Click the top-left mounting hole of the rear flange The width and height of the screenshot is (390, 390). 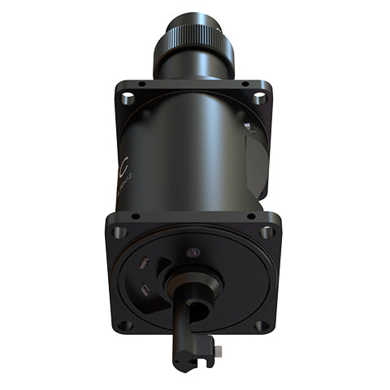tap(128, 98)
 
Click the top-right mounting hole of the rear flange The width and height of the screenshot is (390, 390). tap(259, 98)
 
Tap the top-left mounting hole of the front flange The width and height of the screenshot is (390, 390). tap(119, 232)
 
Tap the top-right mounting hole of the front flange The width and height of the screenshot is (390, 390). tap(266, 232)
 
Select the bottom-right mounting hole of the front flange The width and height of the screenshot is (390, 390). tap(262, 325)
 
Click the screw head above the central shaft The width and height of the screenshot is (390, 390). tap(192, 253)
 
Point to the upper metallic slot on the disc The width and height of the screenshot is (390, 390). tap(144, 263)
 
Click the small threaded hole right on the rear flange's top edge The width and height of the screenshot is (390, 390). tap(242, 84)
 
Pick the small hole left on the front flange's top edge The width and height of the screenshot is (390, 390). tap(136, 217)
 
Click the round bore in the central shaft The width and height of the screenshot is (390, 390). tap(194, 310)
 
